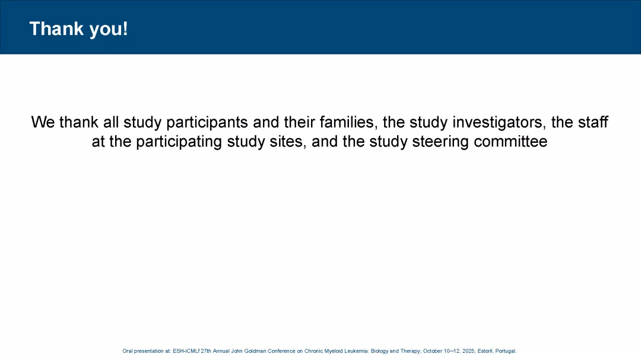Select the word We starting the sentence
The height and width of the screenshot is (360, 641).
point(43,122)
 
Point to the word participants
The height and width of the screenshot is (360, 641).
point(207,123)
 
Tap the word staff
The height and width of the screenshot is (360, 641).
point(593,122)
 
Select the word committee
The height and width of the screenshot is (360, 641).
point(510,141)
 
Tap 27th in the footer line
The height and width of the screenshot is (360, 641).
point(206,351)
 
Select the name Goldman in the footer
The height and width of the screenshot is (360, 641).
point(255,351)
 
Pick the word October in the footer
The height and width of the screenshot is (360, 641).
point(433,351)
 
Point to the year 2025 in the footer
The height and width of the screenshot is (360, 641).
point(469,351)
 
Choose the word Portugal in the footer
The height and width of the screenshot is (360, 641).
point(506,351)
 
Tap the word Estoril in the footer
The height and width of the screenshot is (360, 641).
point(485,351)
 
